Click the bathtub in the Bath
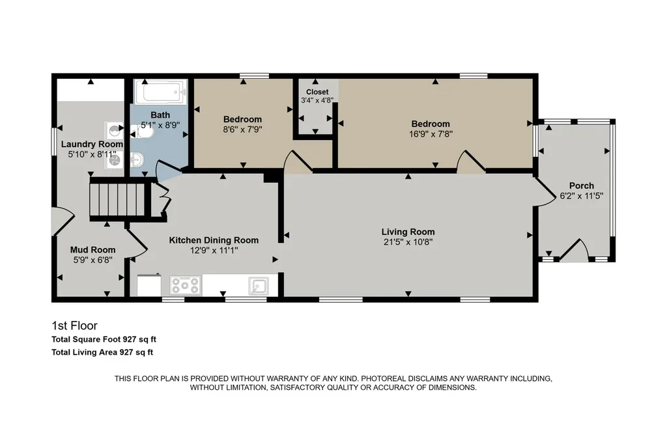point(161,91)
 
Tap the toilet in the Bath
point(142,133)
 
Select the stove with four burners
point(186,285)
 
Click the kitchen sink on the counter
point(258,286)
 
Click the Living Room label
point(408,232)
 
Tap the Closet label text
point(317,92)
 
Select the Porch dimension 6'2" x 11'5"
point(582,196)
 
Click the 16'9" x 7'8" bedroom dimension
point(431,134)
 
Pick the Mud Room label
point(92,249)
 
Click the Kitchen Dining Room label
point(214,240)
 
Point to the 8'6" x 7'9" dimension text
point(242,130)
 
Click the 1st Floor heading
point(74,326)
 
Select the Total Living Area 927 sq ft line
point(102,352)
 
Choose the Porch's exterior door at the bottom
point(575,250)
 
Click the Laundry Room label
point(92,144)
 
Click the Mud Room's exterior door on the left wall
point(64,221)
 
